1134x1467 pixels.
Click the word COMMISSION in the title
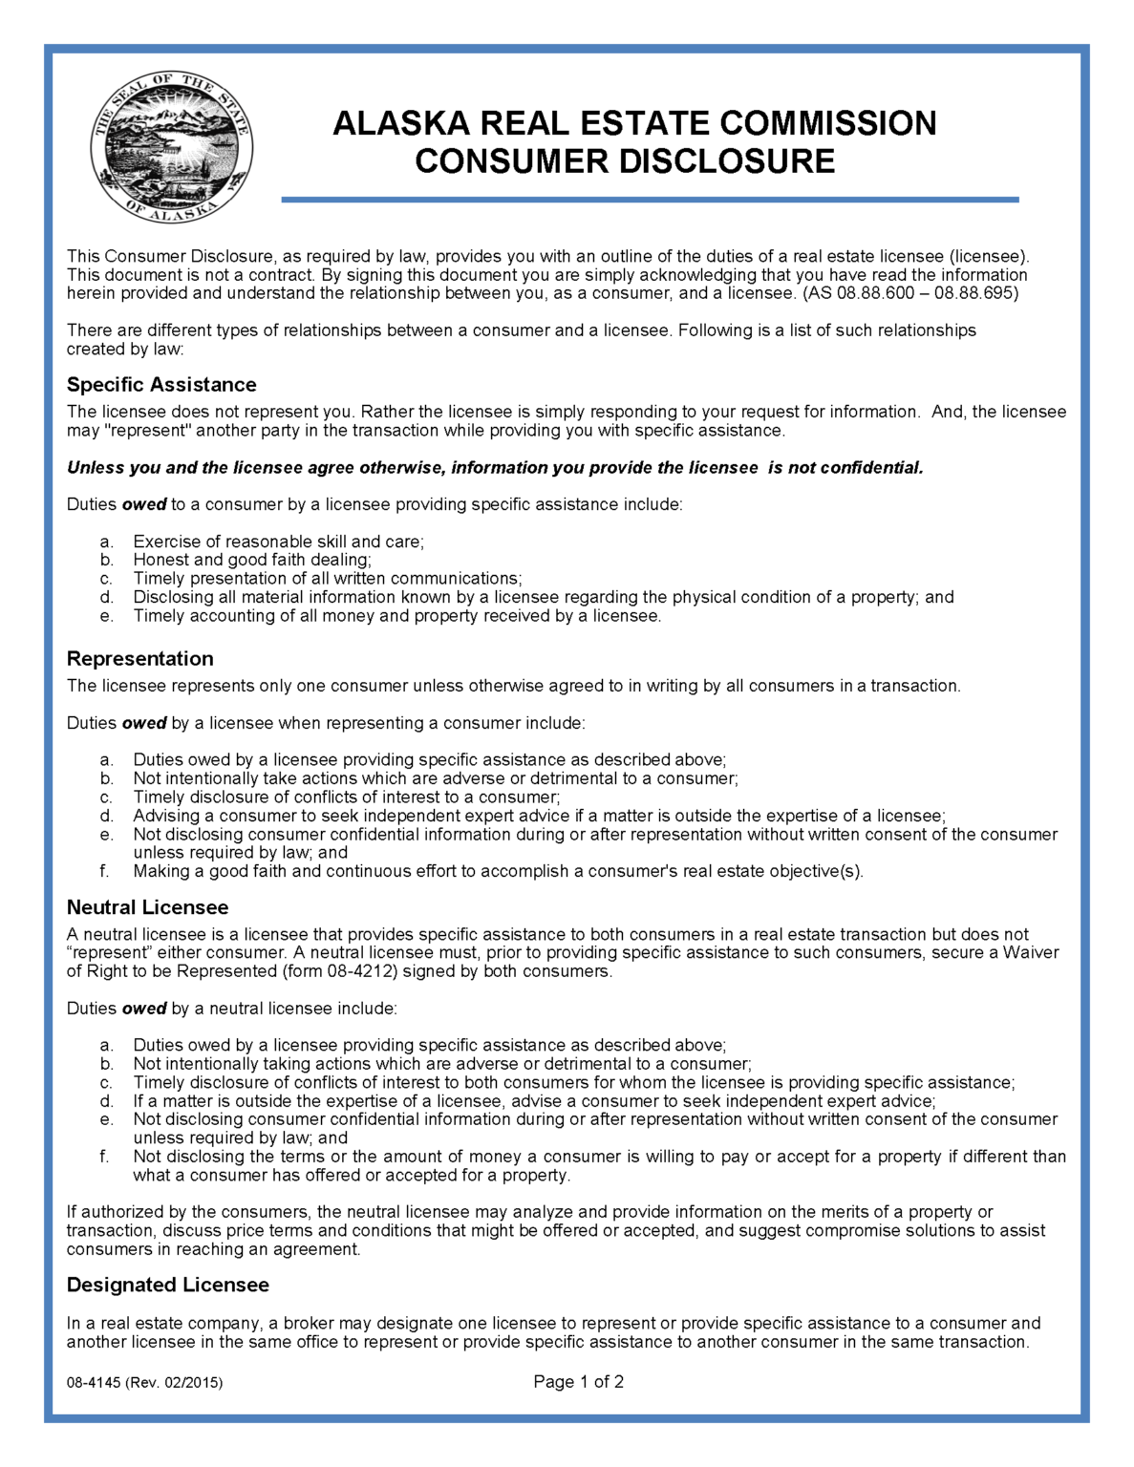(x=827, y=124)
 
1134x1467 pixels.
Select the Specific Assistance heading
(x=161, y=385)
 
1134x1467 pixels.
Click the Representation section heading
(x=139, y=659)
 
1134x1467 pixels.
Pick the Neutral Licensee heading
(x=147, y=907)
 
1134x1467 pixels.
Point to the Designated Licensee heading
(x=167, y=1286)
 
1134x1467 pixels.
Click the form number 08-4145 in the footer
(x=93, y=1383)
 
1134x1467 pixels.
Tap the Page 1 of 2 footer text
(x=578, y=1382)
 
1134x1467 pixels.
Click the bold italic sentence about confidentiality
(x=495, y=468)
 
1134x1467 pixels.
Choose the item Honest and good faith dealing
(x=252, y=561)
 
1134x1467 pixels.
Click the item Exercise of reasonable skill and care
(x=278, y=542)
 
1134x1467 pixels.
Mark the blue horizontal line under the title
(x=650, y=200)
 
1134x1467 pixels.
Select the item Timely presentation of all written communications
(x=328, y=579)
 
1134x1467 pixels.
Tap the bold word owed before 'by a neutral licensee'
(x=144, y=1009)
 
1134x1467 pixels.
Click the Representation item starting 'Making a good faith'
(x=498, y=871)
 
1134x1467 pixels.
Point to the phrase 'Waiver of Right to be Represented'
(x=564, y=962)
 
